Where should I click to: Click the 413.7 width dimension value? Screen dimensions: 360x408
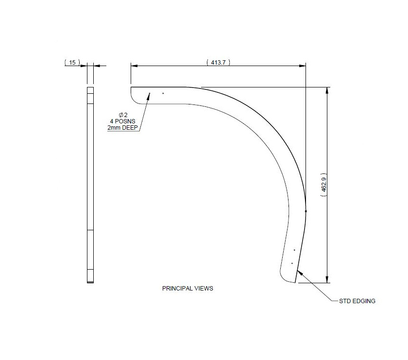[x=218, y=62]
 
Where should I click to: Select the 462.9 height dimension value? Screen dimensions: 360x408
[x=323, y=185]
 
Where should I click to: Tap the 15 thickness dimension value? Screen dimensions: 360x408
[x=72, y=62]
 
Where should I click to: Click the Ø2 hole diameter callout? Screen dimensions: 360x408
[x=123, y=115]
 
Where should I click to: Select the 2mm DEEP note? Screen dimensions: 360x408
[x=123, y=127]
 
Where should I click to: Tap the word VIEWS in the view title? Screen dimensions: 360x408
[x=204, y=288]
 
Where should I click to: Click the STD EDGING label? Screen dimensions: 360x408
[x=357, y=301]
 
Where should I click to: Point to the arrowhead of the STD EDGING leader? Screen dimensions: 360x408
[x=299, y=272]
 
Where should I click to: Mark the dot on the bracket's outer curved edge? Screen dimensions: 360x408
[x=306, y=211]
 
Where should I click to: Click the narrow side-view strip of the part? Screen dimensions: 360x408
[x=90, y=185]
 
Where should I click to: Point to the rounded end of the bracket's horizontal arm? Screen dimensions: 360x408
[x=133, y=95]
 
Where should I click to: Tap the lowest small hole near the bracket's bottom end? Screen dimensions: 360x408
[x=291, y=263]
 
